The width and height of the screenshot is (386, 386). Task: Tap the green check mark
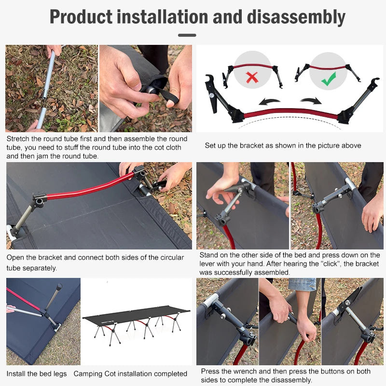[329, 79]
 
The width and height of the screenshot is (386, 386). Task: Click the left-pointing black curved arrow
[269, 102]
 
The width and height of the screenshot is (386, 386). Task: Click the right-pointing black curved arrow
[311, 101]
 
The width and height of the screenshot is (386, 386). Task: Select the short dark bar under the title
[187, 35]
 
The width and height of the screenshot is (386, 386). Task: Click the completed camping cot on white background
[137, 323]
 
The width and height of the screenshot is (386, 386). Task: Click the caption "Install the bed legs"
[37, 373]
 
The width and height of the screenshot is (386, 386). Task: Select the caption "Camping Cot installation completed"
[130, 373]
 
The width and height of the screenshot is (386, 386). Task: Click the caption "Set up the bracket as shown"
[283, 145]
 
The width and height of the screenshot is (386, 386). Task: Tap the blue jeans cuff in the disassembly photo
[302, 284]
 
